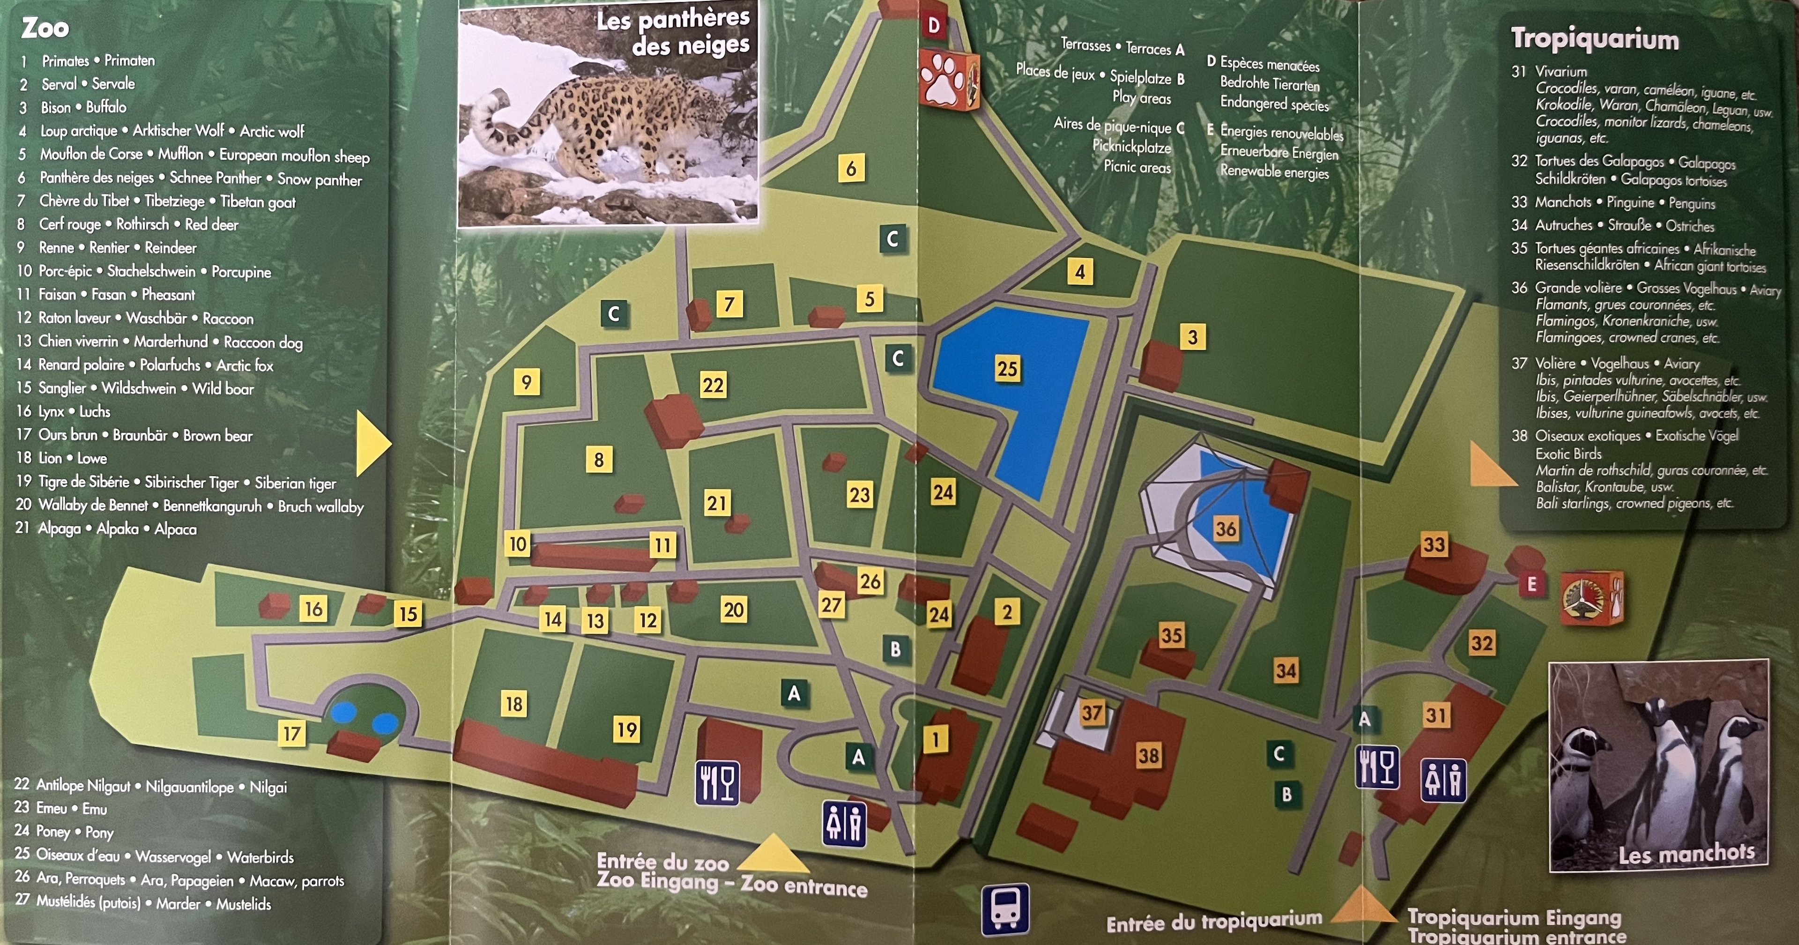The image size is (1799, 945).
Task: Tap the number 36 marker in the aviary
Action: (x=1226, y=529)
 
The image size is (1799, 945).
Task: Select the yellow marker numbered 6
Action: (x=851, y=168)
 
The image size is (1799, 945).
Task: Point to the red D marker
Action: (x=934, y=26)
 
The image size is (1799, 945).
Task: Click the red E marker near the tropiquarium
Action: (x=1531, y=585)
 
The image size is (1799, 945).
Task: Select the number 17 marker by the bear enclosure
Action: (x=291, y=733)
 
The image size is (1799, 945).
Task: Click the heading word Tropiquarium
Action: (x=1594, y=39)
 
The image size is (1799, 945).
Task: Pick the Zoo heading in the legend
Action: (x=45, y=28)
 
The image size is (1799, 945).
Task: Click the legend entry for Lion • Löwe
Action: (x=72, y=458)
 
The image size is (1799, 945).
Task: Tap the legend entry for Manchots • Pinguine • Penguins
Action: (x=1624, y=202)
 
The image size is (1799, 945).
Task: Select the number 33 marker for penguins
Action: (x=1434, y=544)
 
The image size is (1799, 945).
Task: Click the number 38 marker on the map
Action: (x=1149, y=755)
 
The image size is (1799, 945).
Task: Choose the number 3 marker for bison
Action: (x=1192, y=337)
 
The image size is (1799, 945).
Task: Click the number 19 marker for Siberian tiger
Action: (x=626, y=730)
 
